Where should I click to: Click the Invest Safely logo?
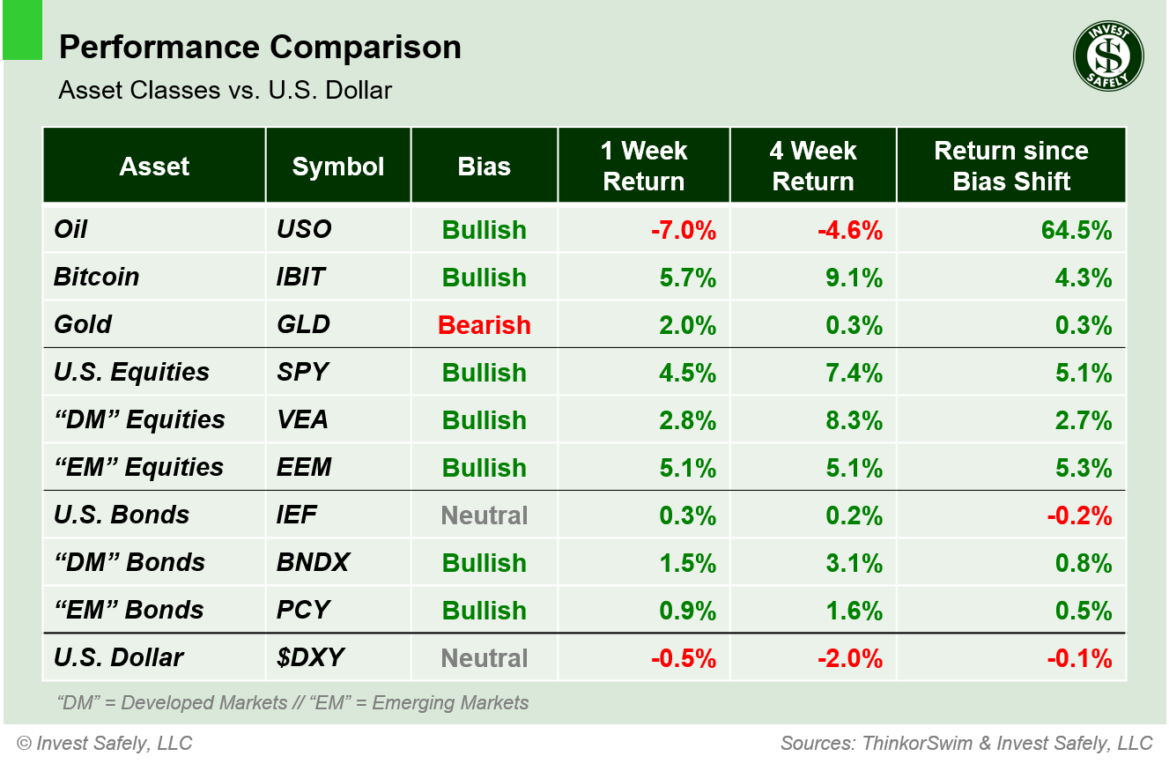point(1107,56)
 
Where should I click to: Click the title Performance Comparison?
point(260,48)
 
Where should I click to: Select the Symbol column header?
point(338,167)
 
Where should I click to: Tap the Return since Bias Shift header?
point(1011,166)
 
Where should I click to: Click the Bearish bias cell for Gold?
point(485,325)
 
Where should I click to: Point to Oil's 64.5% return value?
point(1079,230)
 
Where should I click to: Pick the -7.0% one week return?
point(684,230)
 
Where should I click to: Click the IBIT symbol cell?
point(300,277)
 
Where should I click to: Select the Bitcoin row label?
point(97,277)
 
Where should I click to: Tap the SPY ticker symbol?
point(302,372)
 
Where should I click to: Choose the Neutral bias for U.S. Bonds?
point(485,515)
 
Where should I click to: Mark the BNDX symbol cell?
point(313,562)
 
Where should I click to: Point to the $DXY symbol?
point(310,657)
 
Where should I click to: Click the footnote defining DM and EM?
point(292,703)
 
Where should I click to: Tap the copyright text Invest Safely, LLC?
point(104,744)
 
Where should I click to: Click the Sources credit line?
point(966,744)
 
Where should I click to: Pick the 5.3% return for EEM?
point(1084,468)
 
